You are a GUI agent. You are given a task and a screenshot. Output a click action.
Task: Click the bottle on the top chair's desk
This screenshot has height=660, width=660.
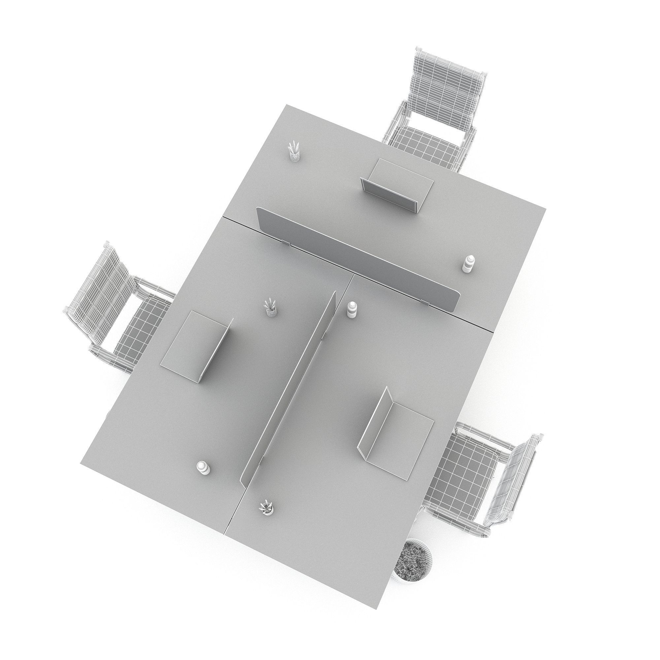point(467,263)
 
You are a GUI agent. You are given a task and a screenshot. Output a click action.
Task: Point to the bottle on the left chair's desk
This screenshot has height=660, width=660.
point(203,468)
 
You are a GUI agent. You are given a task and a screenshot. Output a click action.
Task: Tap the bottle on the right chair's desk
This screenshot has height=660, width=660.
point(351,310)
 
